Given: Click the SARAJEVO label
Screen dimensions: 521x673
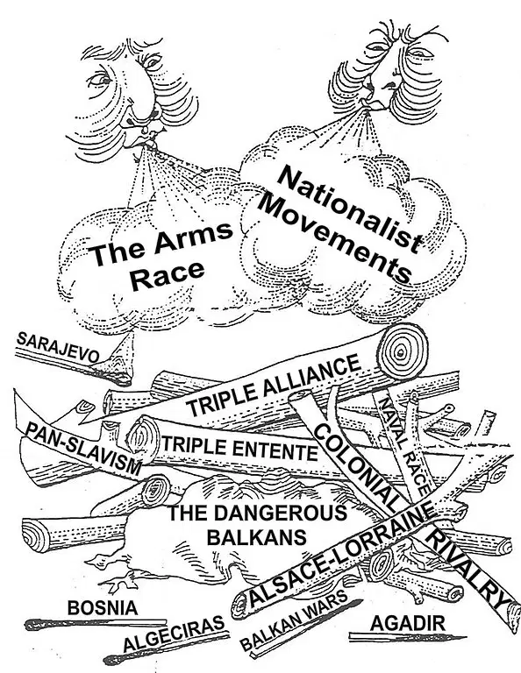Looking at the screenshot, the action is coord(58,347).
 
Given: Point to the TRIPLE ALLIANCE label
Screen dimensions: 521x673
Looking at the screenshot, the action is coord(273,385).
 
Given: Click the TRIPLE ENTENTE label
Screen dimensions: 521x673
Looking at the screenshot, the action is coord(239,448).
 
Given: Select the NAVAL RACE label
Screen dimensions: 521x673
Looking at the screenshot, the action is coord(403,445).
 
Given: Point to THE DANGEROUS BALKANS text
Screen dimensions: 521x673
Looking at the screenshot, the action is coord(257,525).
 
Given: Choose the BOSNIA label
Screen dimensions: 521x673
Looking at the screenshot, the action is coord(103,608).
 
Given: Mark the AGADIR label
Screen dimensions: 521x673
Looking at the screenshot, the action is coord(407,623).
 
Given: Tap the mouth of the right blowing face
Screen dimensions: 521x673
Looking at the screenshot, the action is coord(370,104).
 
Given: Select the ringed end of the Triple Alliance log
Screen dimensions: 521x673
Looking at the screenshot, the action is coord(403,352).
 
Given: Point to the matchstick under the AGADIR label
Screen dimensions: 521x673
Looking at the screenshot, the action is coord(407,637).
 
